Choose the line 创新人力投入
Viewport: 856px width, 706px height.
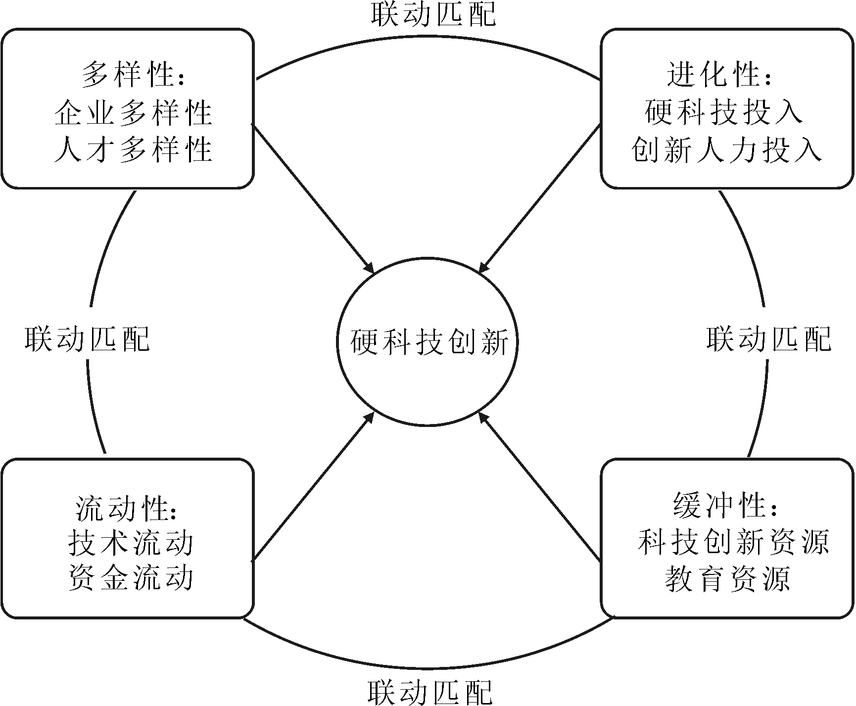[x=726, y=148]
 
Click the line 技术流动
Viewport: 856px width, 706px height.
[x=130, y=542]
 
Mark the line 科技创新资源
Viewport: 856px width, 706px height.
[x=733, y=542]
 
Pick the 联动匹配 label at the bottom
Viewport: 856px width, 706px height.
[x=430, y=691]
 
